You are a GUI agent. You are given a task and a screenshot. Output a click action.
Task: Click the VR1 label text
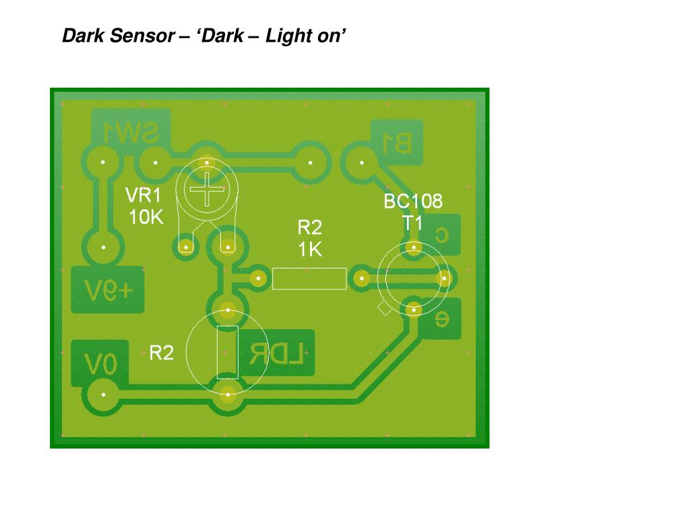(144, 196)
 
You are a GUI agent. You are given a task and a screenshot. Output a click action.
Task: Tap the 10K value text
(146, 217)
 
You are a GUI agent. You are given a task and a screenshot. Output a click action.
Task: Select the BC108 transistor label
(413, 201)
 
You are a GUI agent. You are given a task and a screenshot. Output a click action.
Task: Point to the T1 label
(412, 223)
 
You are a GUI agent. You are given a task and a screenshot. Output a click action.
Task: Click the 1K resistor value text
(310, 250)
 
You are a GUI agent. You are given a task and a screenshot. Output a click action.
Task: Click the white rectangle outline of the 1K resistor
(309, 279)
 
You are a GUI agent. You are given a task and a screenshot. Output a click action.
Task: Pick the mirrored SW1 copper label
(131, 133)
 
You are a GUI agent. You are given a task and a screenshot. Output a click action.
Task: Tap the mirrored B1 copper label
(397, 142)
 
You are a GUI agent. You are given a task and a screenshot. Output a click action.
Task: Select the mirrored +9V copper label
(108, 290)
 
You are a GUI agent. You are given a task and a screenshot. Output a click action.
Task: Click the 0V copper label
(101, 364)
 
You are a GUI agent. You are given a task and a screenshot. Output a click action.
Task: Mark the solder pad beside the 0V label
(103, 394)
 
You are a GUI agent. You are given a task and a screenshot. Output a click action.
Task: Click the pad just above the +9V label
(103, 248)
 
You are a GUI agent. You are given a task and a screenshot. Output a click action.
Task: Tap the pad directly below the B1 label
(362, 163)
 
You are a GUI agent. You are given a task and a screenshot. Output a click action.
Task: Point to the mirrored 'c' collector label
(442, 234)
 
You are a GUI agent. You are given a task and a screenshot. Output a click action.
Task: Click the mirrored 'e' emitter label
(441, 320)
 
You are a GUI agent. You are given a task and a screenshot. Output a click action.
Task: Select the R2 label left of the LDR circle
(161, 352)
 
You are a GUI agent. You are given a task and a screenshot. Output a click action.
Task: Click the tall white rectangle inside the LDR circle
(228, 351)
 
